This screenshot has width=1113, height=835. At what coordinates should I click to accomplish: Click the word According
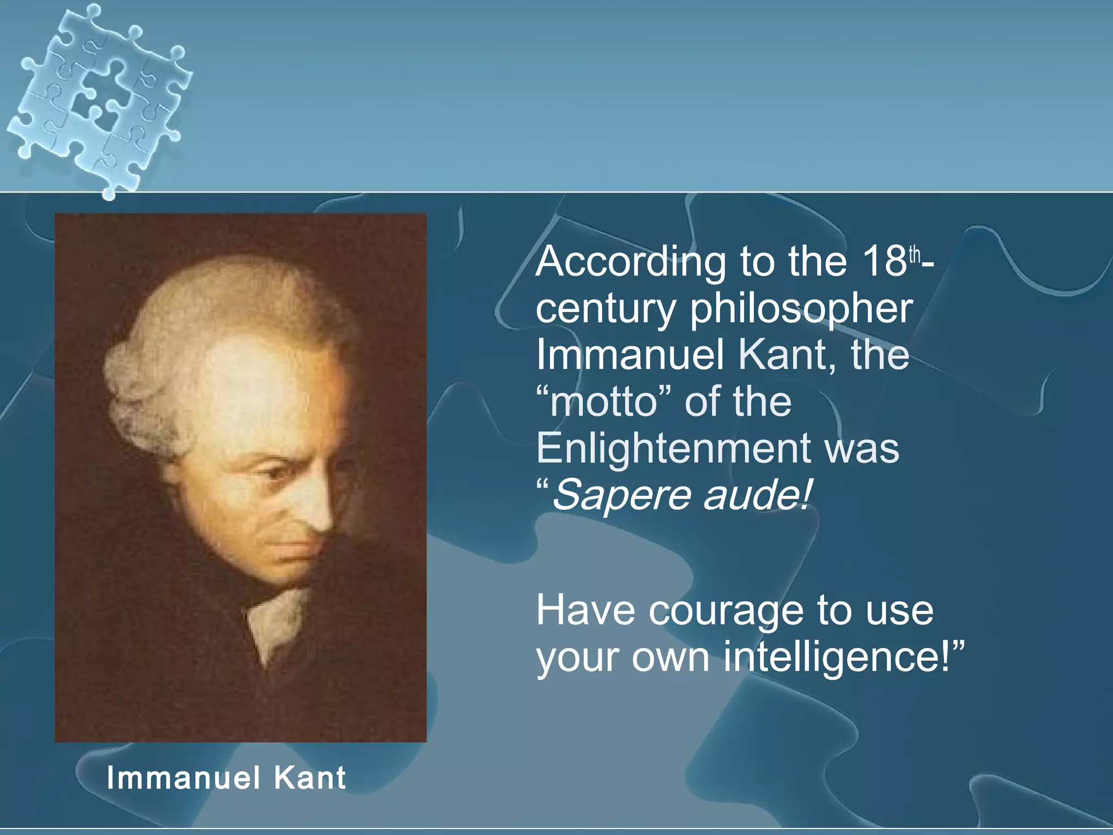click(x=630, y=262)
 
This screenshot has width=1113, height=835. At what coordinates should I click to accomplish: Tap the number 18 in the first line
click(x=883, y=261)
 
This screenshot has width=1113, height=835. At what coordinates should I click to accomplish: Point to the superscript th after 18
click(x=915, y=254)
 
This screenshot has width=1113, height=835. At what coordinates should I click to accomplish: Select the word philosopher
click(x=801, y=310)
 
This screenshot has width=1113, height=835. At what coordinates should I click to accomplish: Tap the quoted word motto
click(x=603, y=402)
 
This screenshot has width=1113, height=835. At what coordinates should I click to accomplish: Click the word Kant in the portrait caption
click(x=309, y=777)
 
